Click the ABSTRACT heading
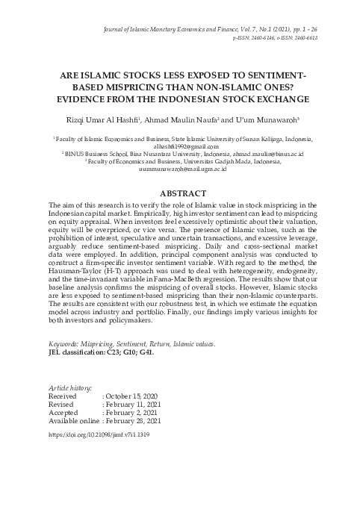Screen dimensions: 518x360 click(x=180, y=193)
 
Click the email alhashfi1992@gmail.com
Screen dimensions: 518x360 click(x=180, y=148)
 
